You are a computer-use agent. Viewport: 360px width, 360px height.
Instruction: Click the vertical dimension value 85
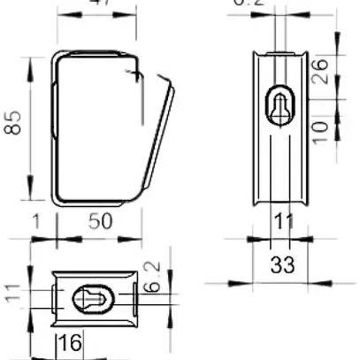tap(13, 129)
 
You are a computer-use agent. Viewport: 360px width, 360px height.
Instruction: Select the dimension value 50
tap(100, 221)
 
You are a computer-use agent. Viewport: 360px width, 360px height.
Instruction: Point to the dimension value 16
tap(71, 344)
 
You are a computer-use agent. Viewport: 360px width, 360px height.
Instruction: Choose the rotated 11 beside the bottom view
tap(13, 293)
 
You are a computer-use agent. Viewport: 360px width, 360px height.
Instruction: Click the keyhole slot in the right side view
tap(281, 105)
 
